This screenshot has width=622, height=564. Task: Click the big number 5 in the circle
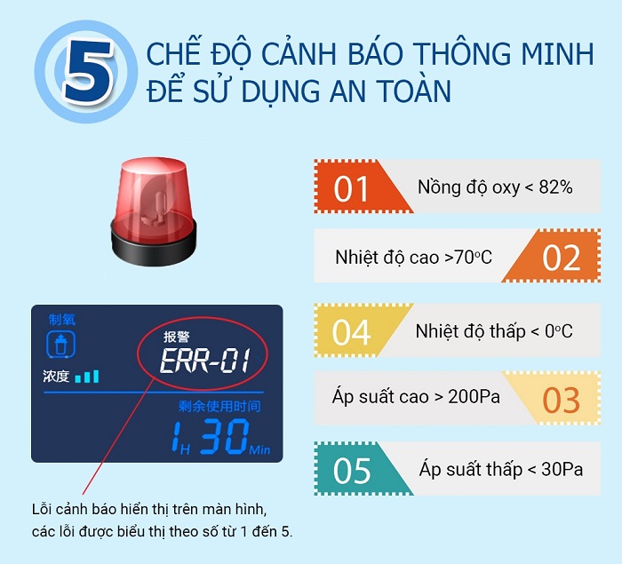(x=87, y=71)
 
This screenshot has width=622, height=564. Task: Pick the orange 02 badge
(x=555, y=256)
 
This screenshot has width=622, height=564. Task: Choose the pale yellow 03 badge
(x=555, y=399)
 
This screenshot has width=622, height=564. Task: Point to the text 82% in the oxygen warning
(x=555, y=187)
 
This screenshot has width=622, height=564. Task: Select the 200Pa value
(x=474, y=396)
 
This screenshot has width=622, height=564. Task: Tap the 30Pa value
(x=562, y=470)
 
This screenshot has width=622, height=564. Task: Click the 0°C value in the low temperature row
(x=559, y=331)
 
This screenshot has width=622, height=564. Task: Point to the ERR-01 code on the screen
(x=205, y=361)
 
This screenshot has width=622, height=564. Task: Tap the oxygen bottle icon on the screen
(x=60, y=345)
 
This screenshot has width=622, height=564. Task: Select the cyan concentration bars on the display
(x=87, y=377)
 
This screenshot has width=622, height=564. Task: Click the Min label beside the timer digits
(x=259, y=449)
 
